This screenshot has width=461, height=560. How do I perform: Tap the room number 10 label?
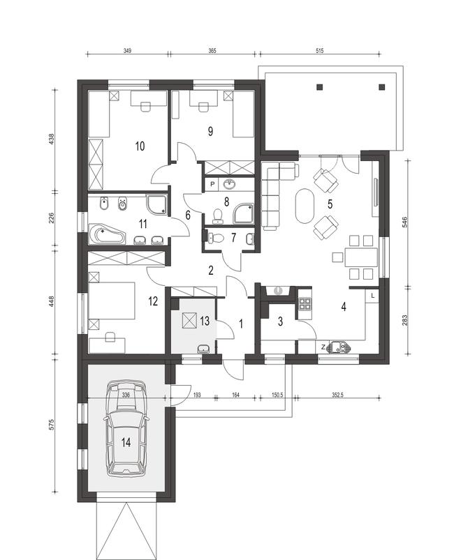click(x=140, y=146)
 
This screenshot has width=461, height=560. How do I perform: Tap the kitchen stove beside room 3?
click(x=305, y=304)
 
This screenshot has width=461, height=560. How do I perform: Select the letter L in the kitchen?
click(x=374, y=296)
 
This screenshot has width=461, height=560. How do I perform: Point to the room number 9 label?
click(x=209, y=130)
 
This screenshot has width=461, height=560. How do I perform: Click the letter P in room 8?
click(x=211, y=184)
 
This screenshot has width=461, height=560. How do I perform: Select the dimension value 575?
click(x=52, y=427)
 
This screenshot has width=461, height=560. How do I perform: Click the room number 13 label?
click(x=204, y=321)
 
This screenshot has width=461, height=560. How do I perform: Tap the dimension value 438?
click(x=52, y=138)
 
